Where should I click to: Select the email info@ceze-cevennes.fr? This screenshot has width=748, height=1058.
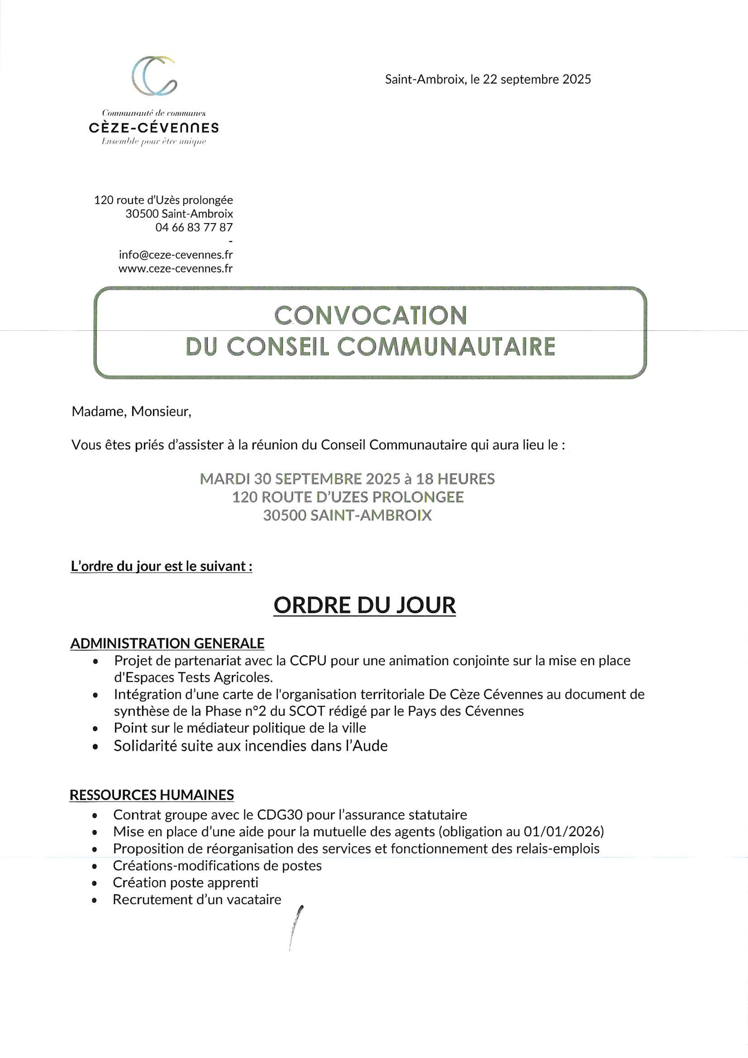click(176, 254)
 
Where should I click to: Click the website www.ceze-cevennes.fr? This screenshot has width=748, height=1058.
click(176, 268)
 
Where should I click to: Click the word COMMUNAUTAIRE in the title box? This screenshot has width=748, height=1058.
click(446, 347)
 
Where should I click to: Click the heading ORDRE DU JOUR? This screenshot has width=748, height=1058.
click(365, 605)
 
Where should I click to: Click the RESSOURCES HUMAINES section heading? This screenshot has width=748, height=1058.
click(152, 794)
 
